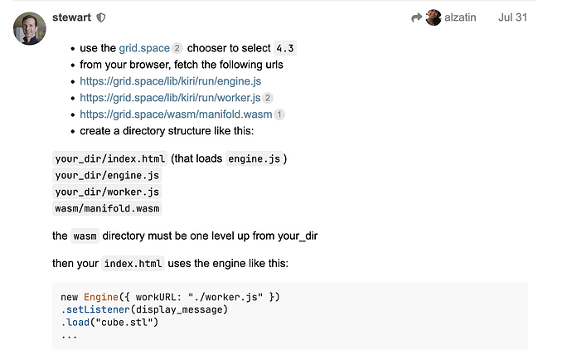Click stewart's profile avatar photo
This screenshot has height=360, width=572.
[29, 29]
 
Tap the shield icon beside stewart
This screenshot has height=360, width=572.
[101, 17]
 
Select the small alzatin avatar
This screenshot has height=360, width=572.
[434, 17]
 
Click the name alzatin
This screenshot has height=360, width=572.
[460, 17]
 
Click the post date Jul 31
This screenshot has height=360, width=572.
[512, 17]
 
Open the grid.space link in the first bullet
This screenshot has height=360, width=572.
[144, 48]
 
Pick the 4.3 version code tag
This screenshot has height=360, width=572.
[284, 48]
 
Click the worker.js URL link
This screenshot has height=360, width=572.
[170, 98]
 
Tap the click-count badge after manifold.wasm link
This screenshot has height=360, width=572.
[279, 114]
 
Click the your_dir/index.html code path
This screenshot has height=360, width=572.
[110, 158]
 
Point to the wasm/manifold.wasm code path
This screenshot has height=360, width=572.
[107, 208]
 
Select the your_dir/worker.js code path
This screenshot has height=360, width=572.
[107, 192]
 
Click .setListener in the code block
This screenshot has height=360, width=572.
[92, 309]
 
